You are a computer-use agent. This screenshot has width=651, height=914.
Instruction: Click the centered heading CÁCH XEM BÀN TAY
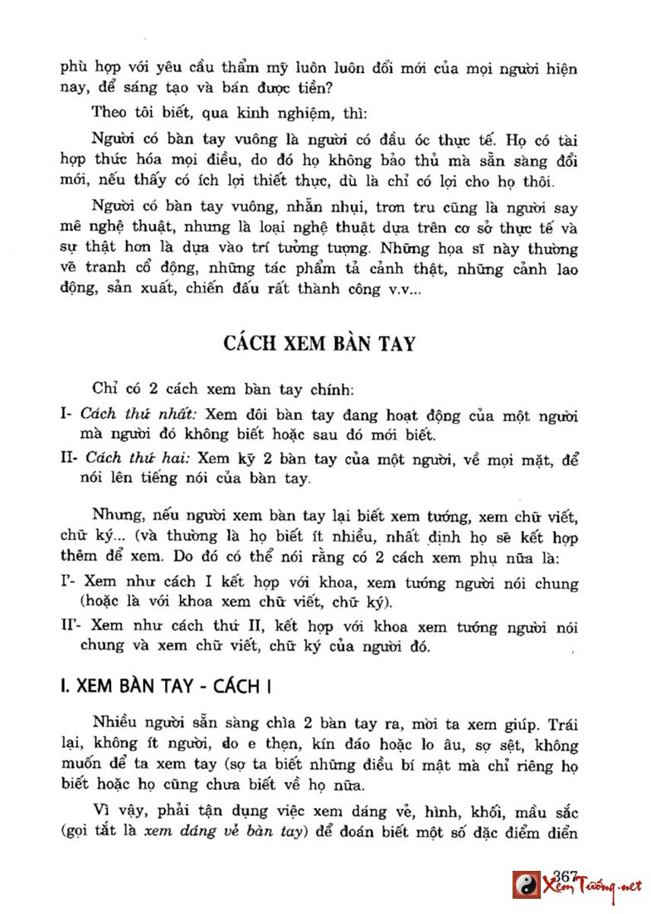[319, 344]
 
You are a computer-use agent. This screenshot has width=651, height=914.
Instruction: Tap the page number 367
[564, 877]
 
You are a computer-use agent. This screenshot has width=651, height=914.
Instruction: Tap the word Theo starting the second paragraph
[108, 110]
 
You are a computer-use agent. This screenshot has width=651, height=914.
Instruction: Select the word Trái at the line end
[561, 722]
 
